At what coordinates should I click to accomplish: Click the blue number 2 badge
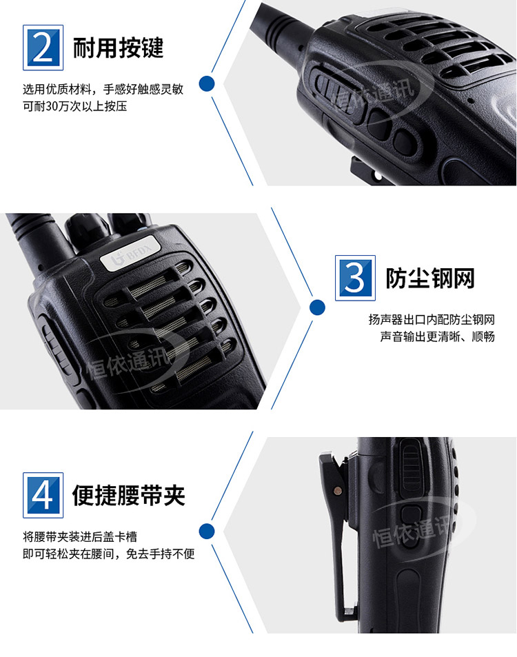(43, 48)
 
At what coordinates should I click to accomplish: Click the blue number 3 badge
(355, 277)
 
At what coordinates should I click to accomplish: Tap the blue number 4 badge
(43, 495)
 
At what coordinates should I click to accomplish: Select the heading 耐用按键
(118, 48)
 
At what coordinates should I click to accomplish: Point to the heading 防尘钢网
(430, 279)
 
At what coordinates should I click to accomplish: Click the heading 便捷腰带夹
(129, 495)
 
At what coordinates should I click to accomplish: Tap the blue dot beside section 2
(207, 84)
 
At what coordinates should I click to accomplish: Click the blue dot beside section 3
(317, 307)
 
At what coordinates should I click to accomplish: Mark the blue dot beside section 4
(207, 532)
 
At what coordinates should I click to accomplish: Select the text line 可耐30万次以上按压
(74, 106)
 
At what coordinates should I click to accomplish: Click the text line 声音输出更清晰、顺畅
(437, 336)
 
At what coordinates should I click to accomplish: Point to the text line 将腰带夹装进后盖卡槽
(80, 537)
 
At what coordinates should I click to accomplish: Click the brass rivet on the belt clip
(337, 489)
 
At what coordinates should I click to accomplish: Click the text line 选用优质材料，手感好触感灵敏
(103, 89)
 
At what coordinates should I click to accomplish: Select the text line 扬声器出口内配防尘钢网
(432, 320)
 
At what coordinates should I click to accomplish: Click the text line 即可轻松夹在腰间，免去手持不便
(109, 554)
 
